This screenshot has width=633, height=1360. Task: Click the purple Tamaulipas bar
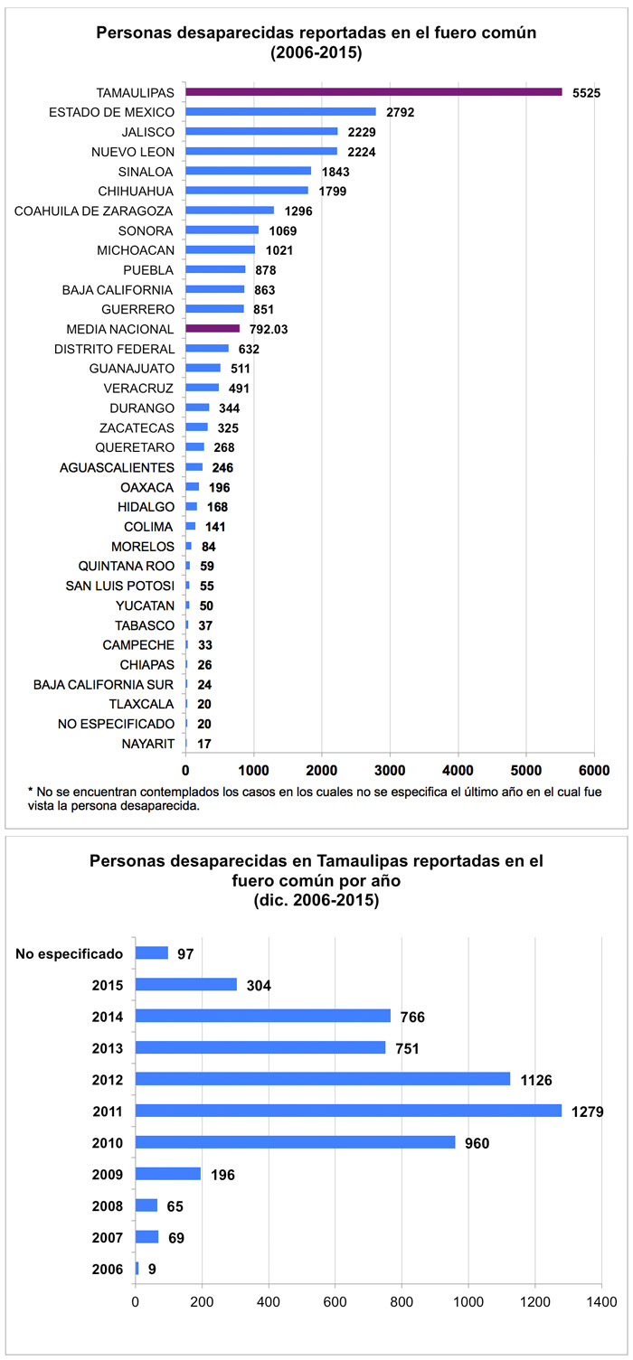(373, 92)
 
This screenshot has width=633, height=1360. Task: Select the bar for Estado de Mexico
(280, 112)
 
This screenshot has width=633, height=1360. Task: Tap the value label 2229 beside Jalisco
(364, 132)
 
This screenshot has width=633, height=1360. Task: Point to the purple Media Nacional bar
(213, 329)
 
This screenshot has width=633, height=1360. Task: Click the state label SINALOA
(146, 171)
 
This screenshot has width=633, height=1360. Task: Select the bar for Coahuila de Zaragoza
(230, 211)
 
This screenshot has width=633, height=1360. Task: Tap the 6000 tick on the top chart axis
(593, 770)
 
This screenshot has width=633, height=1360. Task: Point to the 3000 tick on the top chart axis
(390, 770)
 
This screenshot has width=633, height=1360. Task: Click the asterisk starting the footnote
(31, 792)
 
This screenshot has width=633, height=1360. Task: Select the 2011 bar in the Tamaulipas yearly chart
(348, 1111)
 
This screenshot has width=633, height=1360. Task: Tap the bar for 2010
(295, 1142)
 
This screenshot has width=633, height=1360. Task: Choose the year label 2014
(108, 1016)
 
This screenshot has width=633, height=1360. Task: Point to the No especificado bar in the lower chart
(152, 952)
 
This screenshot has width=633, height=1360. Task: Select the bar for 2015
(186, 984)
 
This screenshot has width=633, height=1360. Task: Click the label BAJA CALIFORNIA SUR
(103, 684)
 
